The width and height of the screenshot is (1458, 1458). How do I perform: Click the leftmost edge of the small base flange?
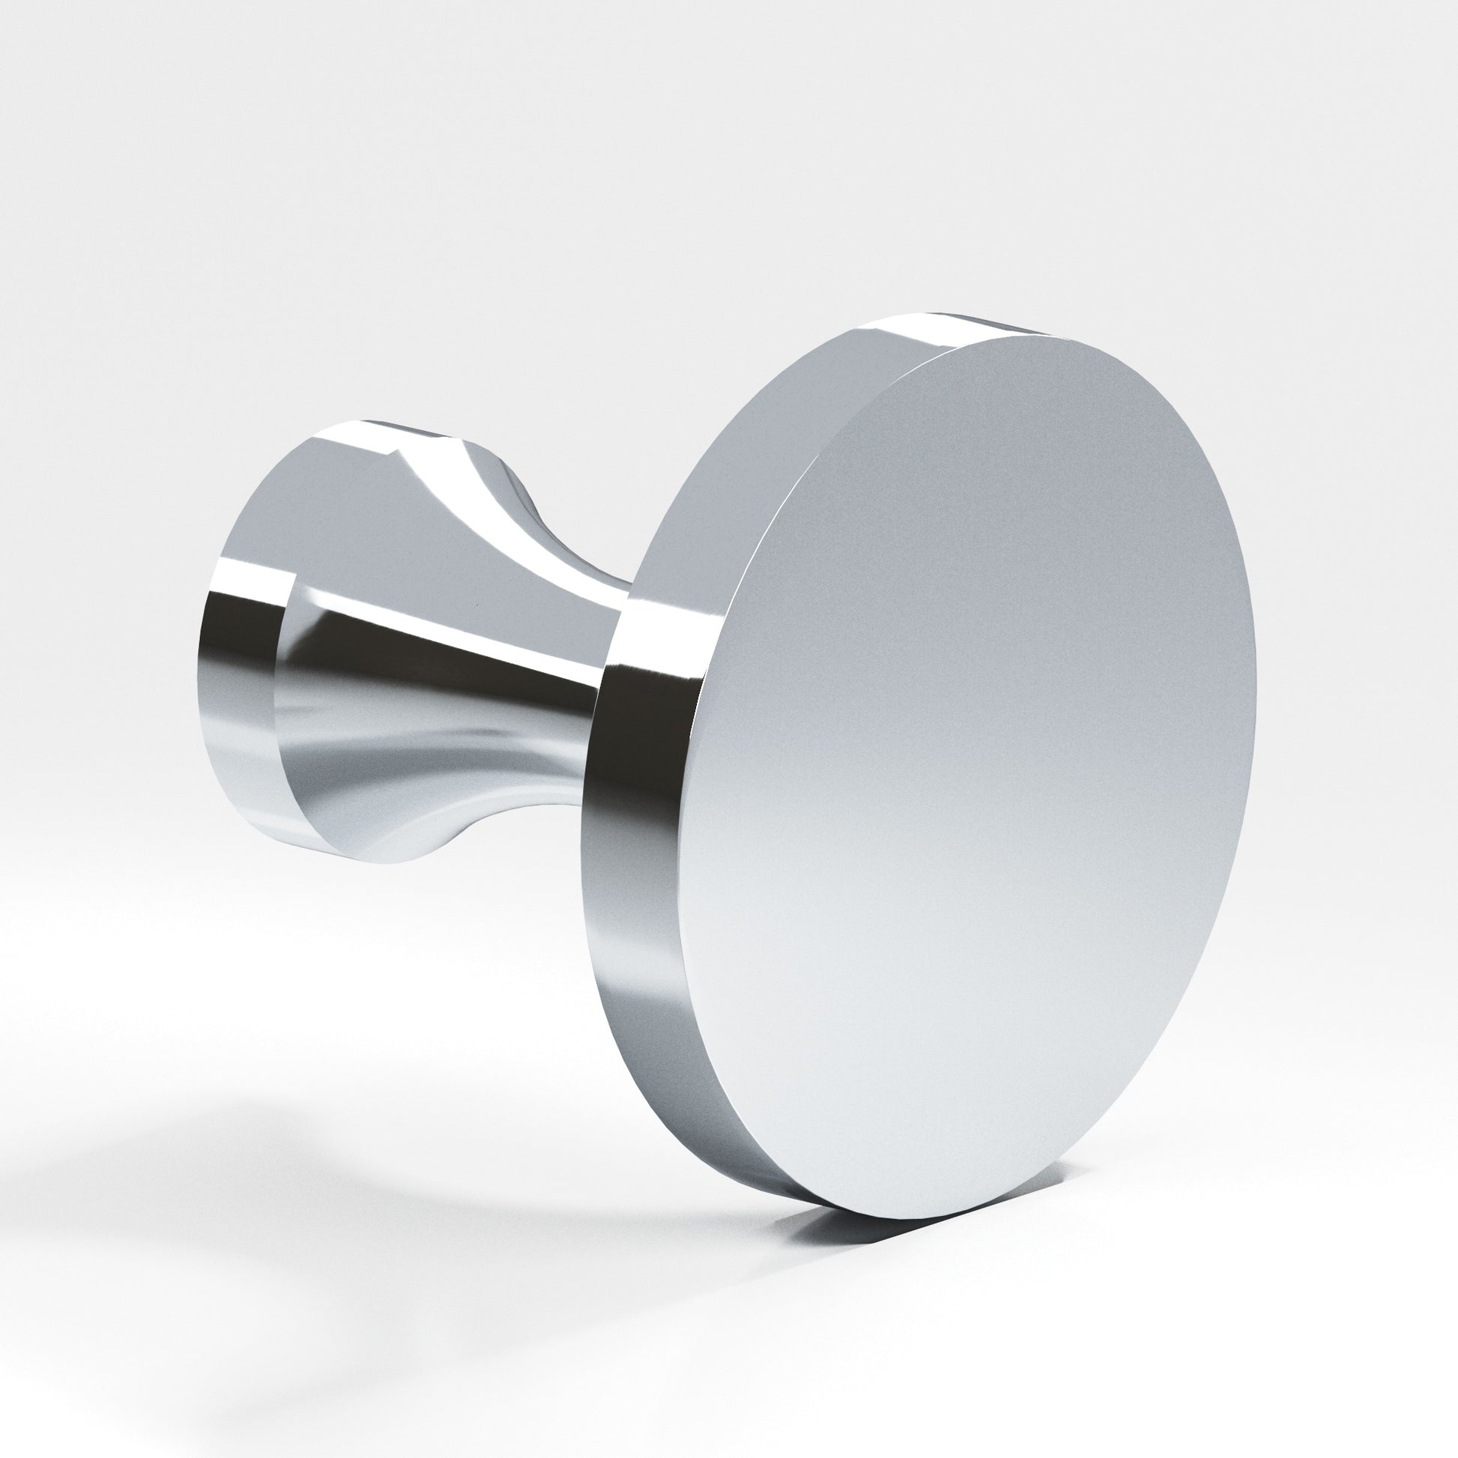click(202, 664)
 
